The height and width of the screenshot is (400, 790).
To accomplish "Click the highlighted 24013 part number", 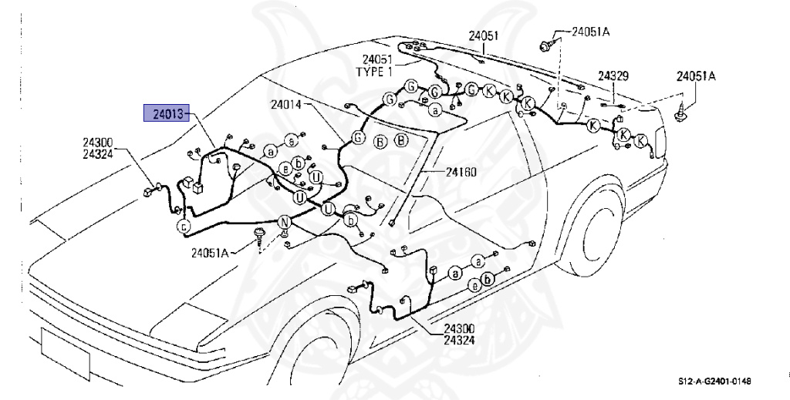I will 167,114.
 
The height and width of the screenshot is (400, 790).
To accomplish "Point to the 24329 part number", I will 613,76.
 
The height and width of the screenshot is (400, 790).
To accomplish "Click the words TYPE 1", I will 373,72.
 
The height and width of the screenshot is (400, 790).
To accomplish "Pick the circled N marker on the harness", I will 284,224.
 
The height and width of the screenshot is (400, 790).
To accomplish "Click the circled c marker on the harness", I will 184,226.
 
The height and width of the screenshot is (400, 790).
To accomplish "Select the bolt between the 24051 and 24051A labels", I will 546,45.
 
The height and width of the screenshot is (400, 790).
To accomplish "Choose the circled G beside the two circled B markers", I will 357,138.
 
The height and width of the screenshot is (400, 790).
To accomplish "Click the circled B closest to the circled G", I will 380,141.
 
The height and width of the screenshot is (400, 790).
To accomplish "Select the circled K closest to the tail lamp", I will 640,140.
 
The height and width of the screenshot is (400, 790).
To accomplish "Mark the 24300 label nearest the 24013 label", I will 99,142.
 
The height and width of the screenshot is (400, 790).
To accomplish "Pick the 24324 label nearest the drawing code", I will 460,340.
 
